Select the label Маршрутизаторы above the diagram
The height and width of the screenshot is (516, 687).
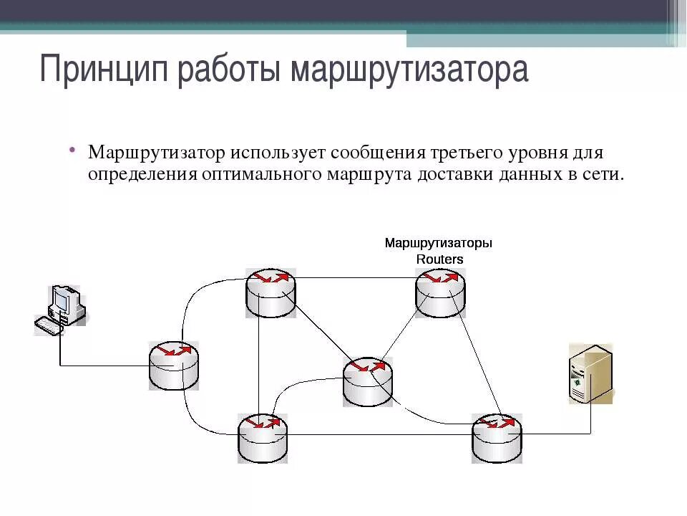click(439, 243)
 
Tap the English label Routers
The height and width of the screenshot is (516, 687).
click(440, 259)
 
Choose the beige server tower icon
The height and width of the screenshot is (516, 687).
click(590, 373)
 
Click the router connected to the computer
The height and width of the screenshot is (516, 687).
click(174, 365)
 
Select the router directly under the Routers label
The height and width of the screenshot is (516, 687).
click(440, 293)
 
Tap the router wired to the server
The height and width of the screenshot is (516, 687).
click(497, 437)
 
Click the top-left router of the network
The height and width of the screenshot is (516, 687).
click(271, 292)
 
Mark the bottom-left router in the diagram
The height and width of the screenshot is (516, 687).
click(263, 437)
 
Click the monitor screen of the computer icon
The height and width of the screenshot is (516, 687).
click(61, 301)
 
